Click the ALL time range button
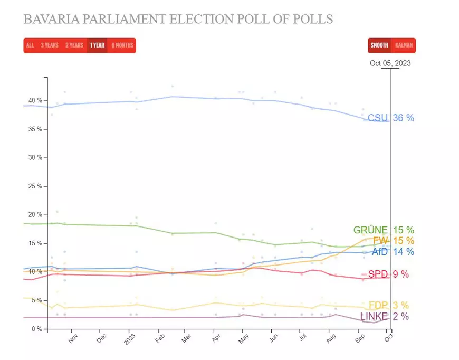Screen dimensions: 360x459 click(30, 45)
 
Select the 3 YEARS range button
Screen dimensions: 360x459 click(50, 45)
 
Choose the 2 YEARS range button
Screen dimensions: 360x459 click(74, 45)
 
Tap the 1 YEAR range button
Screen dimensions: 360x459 click(97, 45)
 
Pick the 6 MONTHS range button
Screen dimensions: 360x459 click(122, 45)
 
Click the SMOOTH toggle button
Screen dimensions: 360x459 click(379, 45)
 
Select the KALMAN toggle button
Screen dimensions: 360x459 click(404, 45)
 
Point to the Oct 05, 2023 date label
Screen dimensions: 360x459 click(390, 63)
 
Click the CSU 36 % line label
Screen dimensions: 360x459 click(391, 118)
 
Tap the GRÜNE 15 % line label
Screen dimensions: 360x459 click(384, 230)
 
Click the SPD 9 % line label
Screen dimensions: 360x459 click(388, 274)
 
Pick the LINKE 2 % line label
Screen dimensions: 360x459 click(385, 317)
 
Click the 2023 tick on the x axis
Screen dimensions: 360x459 click(129, 338)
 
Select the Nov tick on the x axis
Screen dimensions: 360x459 click(73, 338)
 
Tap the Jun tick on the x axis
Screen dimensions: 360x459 click(273, 338)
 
